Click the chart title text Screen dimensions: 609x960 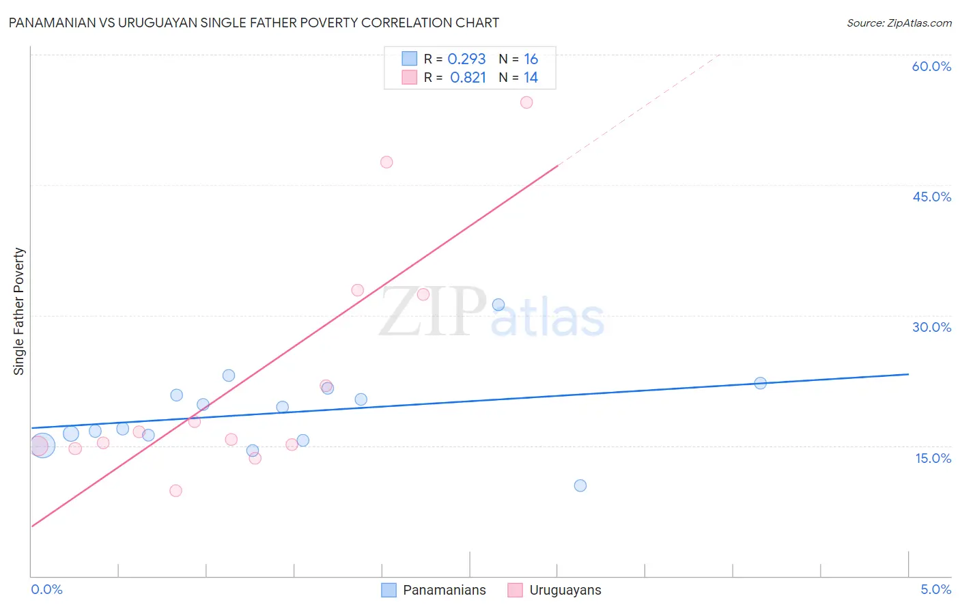tap(253, 23)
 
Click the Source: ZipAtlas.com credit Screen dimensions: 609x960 tap(899, 23)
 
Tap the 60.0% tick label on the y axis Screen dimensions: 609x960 tap(931, 66)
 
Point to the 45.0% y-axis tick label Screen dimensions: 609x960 tap(931, 197)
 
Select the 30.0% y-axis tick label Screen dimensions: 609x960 tap(931, 327)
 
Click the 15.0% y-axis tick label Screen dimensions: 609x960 tap(933, 458)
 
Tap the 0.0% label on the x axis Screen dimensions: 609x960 tap(46, 589)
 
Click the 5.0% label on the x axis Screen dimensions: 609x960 tap(935, 589)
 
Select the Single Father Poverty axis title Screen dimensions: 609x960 tap(19, 311)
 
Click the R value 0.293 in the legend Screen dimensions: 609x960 tap(466, 59)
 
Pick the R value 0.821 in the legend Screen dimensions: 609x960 tap(468, 78)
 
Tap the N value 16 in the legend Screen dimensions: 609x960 tap(531, 59)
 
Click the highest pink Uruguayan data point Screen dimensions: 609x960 tap(526, 102)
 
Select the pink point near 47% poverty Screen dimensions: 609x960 tap(386, 162)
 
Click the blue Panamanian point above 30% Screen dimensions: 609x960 tap(498, 305)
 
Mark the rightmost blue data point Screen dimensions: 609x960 tap(760, 383)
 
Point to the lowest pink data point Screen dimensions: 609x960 tap(175, 491)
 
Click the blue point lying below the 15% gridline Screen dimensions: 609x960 tap(580, 486)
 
